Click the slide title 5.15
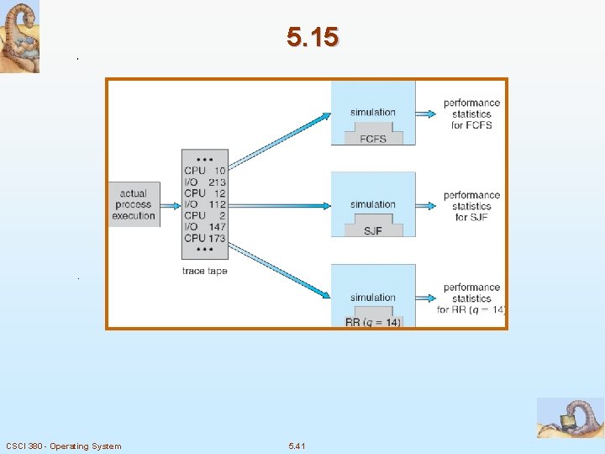coord(312,37)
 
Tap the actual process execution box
coord(134,204)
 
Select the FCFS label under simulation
coord(372,139)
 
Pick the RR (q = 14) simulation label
coord(373,322)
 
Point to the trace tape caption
coord(204,271)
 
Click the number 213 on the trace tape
coord(217,182)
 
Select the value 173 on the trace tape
coord(217,239)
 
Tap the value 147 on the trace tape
coord(217,227)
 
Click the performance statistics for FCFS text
coord(471,114)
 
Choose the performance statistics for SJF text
coord(471,206)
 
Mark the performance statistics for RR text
coord(471,298)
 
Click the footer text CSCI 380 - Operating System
coord(63,446)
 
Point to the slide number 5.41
coord(297,446)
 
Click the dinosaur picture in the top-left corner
coord(19,37)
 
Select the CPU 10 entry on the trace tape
coord(204,171)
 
